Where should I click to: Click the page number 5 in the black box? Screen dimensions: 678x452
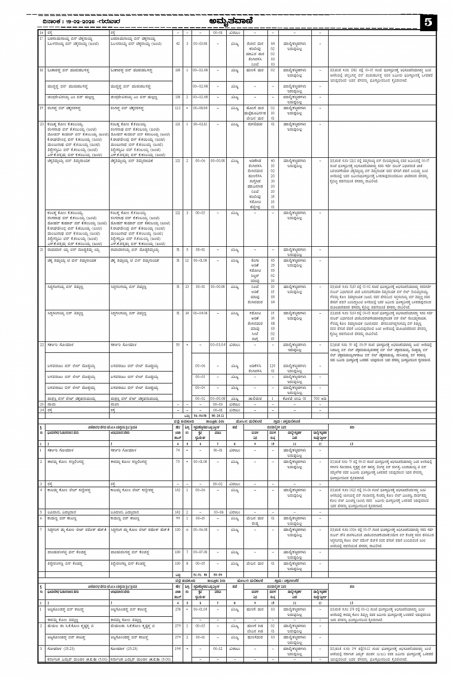coord(428,22)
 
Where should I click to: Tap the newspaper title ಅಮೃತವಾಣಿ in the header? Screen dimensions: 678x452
coord(231,22)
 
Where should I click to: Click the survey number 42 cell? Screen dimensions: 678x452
coord(178,44)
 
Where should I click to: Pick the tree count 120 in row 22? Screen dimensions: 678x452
coord(273,365)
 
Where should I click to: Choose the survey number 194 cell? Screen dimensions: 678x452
coord(178,649)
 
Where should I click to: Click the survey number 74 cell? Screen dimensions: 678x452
coord(178,450)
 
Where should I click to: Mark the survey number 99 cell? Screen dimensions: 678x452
coord(178,518)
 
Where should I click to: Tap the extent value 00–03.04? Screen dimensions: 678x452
coord(218,344)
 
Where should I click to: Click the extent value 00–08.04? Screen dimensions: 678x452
coord(200,108)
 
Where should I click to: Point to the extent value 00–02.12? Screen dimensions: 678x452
coord(200,124)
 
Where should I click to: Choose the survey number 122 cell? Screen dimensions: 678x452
coord(178,108)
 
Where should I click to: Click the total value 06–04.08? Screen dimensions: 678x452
coord(200,416)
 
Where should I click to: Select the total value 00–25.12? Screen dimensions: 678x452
coord(218,416)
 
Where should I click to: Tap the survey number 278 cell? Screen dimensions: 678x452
coord(178,610)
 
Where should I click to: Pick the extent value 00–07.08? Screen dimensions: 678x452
coord(200,552)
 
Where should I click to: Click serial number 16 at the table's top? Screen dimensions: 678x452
coord(42,33)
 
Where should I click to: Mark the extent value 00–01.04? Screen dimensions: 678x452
coord(200,610)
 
